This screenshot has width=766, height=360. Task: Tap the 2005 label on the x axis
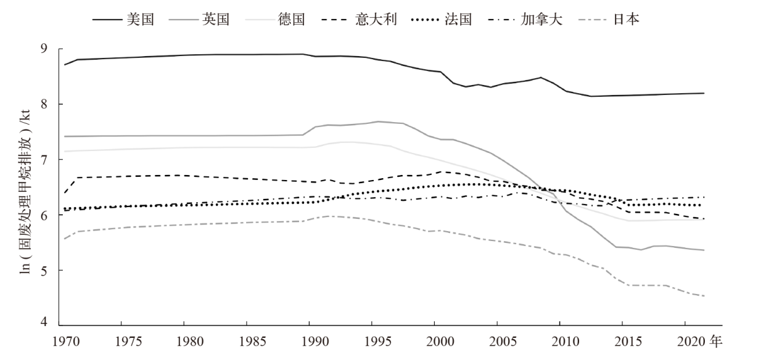tap(497, 340)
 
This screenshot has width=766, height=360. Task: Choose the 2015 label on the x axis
tap(622, 340)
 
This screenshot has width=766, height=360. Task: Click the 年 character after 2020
tap(715, 340)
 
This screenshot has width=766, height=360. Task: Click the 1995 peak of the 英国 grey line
tap(378, 121)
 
